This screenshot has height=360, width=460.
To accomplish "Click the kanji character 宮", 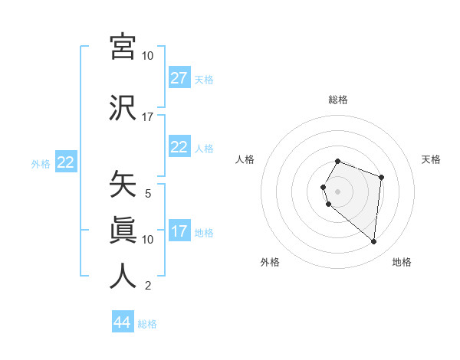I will point(123,47).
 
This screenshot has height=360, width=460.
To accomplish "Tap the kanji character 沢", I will point(123,107).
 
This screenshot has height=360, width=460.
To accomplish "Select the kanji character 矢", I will point(123,185).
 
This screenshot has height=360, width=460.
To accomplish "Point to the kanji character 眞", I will point(123,230).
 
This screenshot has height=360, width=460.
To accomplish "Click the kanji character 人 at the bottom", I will point(123,276).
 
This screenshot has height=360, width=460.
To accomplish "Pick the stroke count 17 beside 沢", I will point(148,117).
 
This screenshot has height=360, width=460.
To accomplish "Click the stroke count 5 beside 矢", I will point(148,194).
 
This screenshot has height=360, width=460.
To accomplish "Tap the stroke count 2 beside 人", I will point(148,286).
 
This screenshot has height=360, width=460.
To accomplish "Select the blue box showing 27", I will point(179,78).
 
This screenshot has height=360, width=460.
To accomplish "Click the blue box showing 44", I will point(123,322).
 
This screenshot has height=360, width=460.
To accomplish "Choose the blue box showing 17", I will point(179,231).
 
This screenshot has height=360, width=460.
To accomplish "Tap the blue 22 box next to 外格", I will point(65,162).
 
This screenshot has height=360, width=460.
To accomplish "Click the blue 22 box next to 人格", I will point(179,147).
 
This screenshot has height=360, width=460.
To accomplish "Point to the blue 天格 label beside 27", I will point(204,80).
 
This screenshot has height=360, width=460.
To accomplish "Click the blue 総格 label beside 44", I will point(147,324).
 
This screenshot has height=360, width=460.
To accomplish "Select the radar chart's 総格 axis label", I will point(338,100).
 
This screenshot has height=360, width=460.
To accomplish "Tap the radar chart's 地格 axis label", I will point(402,262).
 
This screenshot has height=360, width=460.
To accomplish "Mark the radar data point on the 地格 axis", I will point(374,242).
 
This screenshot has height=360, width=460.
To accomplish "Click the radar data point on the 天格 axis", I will point(381,177).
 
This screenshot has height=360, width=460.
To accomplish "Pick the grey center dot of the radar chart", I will point(338,191).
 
